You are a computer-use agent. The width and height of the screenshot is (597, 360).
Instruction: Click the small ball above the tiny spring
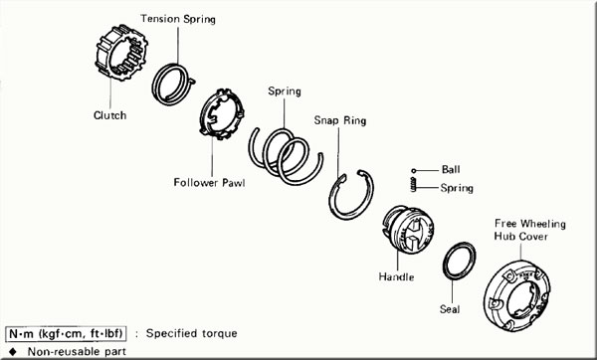point(414,171)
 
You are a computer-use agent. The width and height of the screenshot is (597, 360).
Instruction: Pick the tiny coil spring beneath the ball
point(414,185)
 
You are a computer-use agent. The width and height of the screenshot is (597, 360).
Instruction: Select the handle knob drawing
point(408,230)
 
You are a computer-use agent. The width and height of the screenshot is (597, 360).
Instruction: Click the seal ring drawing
point(446,263)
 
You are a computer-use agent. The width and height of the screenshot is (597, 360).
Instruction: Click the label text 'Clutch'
point(110,115)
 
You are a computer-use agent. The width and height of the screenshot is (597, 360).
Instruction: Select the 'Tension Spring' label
point(178,19)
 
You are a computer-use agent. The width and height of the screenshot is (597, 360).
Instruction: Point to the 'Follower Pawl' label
point(209,183)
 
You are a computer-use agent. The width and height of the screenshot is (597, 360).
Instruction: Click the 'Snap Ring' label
point(340,120)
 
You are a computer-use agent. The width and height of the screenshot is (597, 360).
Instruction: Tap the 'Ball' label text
point(451,169)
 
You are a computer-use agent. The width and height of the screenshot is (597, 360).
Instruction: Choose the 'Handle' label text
point(396,276)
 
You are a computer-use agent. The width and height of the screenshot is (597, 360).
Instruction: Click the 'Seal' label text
point(450,309)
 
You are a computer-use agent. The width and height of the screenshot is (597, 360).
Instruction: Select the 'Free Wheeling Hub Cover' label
point(530,230)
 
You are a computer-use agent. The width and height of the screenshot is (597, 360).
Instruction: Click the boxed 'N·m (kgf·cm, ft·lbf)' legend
point(66,334)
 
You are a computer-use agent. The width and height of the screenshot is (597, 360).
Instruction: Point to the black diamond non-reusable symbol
point(13,351)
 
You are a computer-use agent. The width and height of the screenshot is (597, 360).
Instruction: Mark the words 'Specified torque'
point(191,334)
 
